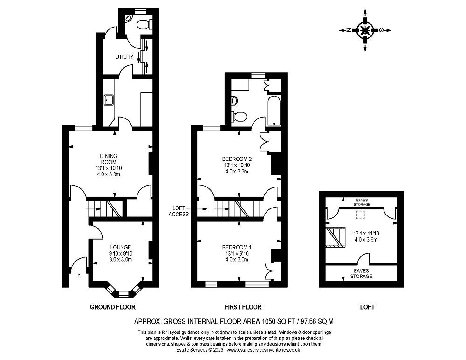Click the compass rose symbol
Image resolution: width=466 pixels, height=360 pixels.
[x=365, y=30]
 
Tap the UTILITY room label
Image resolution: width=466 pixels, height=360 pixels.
[x=125, y=57]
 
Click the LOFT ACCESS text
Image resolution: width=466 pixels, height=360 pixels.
[x=179, y=211]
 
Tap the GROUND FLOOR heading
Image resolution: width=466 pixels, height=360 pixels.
[x=112, y=307]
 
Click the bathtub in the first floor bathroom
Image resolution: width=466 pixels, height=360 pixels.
[x=274, y=111]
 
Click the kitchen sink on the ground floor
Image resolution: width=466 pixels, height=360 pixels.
[x=110, y=99]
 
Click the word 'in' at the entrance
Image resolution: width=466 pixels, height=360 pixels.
[x=78, y=276]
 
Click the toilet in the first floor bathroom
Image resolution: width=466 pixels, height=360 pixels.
[x=240, y=117]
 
